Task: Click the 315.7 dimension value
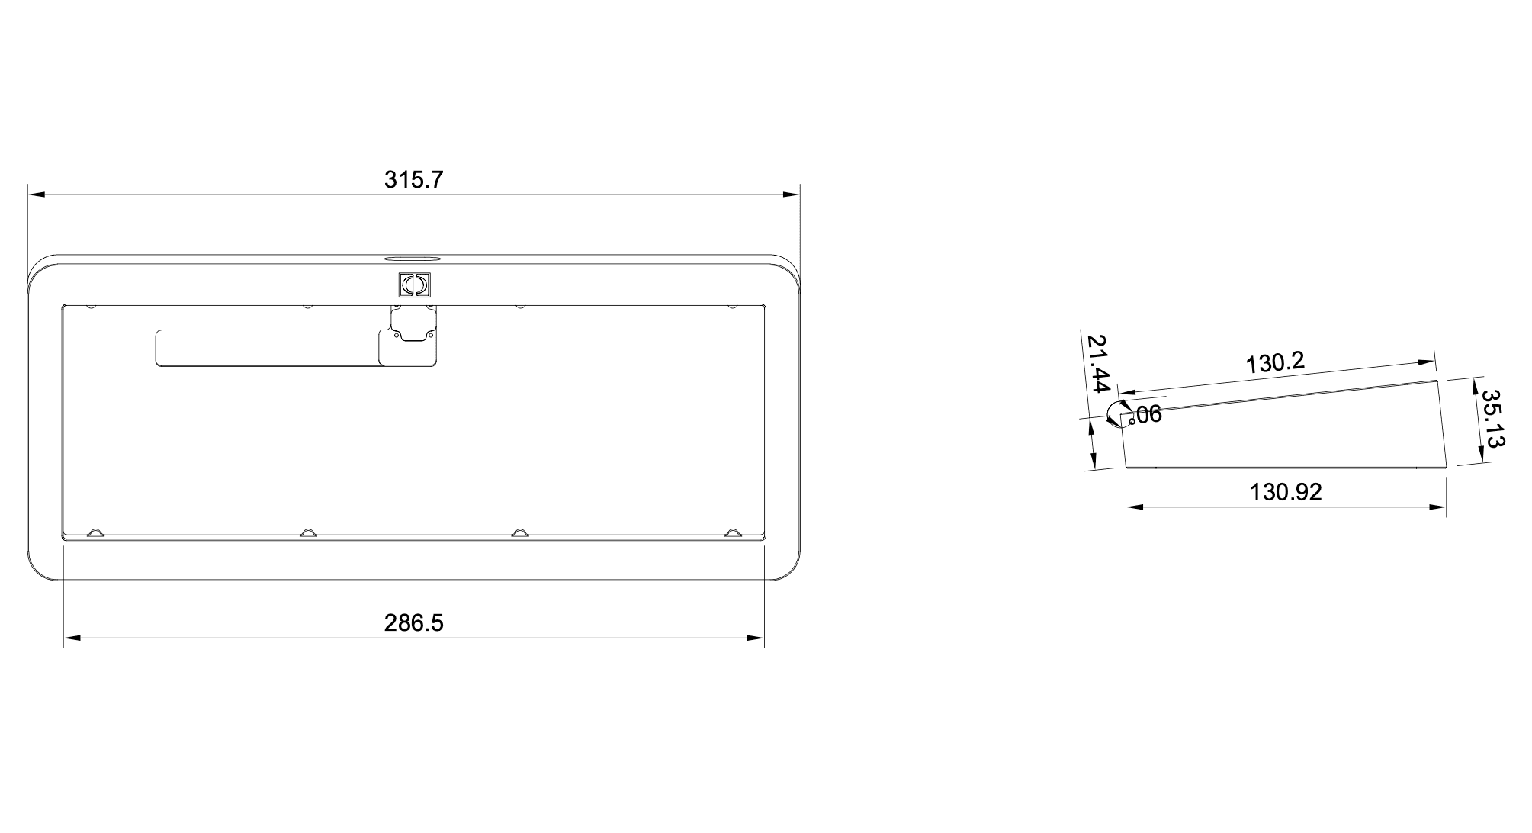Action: (413, 180)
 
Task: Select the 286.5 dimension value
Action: (413, 623)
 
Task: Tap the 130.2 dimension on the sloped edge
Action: (1275, 362)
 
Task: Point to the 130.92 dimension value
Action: (1286, 492)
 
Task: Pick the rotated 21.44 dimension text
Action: (1099, 364)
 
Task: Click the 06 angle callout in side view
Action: (1148, 415)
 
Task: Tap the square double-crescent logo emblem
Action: (415, 285)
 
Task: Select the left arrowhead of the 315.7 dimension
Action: (35, 195)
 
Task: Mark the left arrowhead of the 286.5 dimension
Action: (71, 638)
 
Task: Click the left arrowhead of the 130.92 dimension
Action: (1134, 507)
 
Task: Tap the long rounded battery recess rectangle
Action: (267, 349)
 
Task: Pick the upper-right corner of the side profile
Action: (1437, 381)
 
